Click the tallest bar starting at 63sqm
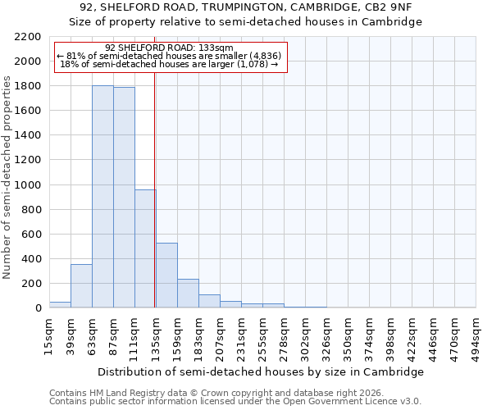pos(102,197)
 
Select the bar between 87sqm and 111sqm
pos(124,198)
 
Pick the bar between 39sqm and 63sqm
pos(81,286)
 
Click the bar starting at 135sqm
pos(166,276)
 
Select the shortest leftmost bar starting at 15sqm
pos(60,305)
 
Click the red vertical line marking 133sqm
pos(155,205)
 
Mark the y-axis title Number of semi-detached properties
pos(8,176)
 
